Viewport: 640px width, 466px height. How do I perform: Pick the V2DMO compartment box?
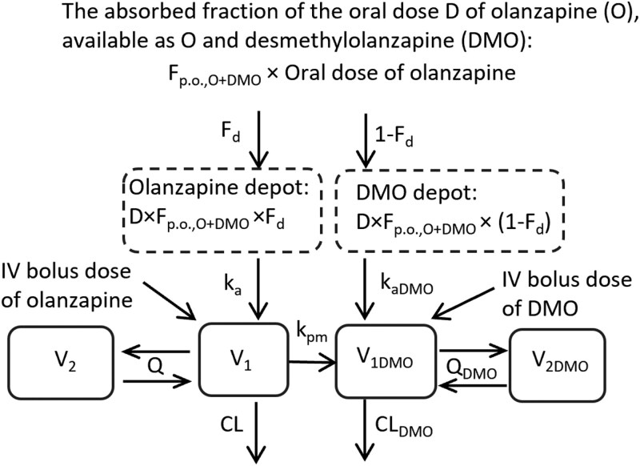[558, 364]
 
